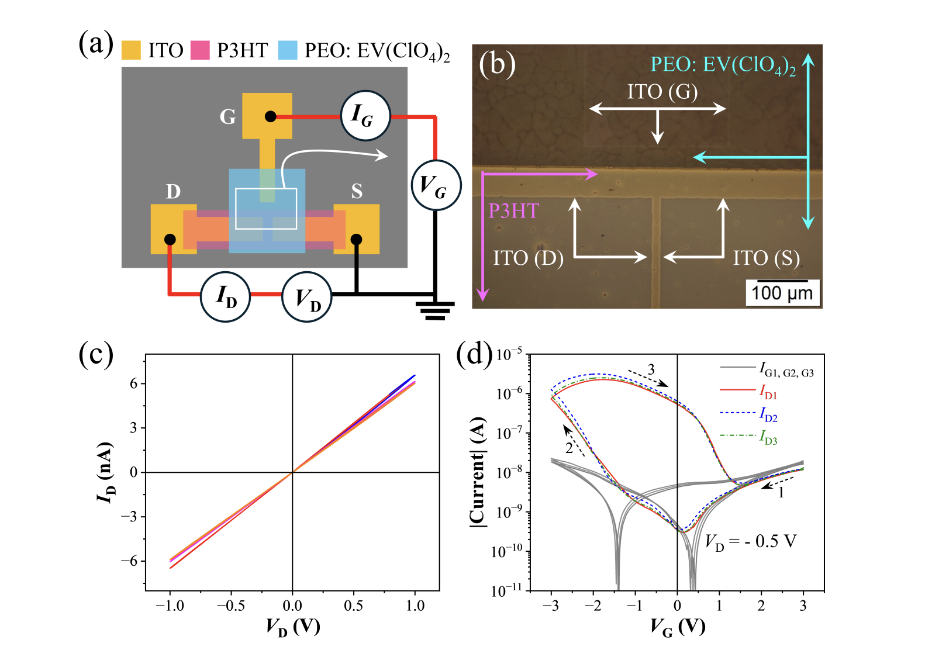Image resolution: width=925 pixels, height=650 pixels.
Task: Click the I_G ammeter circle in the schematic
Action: point(365,115)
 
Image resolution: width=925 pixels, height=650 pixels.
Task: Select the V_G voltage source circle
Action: point(436,185)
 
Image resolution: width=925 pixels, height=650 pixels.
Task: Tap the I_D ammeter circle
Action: point(226,296)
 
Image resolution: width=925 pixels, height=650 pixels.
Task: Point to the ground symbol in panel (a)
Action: point(435,310)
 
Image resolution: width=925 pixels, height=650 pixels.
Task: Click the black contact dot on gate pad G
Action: point(270,116)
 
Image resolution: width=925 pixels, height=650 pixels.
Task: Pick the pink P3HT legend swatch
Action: point(200,50)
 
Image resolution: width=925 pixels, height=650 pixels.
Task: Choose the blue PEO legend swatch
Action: point(288,50)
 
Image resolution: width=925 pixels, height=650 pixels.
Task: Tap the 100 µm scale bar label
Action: point(782,293)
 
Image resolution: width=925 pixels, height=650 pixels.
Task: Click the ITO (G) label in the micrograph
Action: point(662,92)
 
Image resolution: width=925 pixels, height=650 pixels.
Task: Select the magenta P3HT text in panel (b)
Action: point(513,210)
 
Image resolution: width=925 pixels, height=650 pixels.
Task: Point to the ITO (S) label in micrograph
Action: point(766,258)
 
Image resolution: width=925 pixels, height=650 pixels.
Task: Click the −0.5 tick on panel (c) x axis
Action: point(230,605)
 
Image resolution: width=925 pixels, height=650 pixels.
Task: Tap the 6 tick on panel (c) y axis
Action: point(134,383)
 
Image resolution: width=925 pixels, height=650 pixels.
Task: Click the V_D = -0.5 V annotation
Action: point(751,542)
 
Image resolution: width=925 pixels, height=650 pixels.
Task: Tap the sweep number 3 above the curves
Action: point(651,369)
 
